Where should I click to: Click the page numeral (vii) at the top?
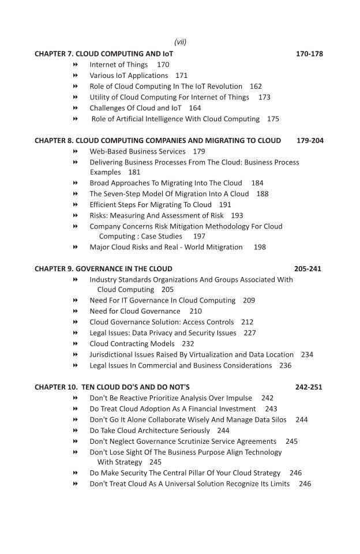[x=180, y=42]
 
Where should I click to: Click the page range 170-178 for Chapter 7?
[x=309, y=54]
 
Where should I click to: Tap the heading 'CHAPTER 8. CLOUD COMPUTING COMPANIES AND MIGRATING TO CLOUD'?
[x=157, y=141]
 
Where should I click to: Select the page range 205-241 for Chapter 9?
[x=307, y=269]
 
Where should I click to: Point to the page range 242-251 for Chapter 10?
[x=309, y=387]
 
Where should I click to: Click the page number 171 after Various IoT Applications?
[x=181, y=76]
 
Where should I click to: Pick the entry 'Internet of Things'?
[x=118, y=65]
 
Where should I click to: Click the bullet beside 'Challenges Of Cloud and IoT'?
[x=76, y=108]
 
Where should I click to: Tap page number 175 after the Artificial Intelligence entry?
[x=273, y=119]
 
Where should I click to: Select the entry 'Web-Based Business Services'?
[x=137, y=151]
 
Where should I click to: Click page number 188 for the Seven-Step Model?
[x=262, y=194]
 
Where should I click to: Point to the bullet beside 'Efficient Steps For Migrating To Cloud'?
[x=76, y=205]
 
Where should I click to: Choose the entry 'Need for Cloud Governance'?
[x=134, y=311]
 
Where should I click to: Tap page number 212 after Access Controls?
[x=247, y=322]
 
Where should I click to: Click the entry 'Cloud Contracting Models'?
[x=132, y=344]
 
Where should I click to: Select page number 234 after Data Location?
[x=307, y=355]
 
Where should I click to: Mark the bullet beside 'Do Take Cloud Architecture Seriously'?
[x=76, y=431]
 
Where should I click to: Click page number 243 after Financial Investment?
[x=271, y=409]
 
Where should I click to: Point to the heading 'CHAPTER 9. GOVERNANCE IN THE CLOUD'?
[x=103, y=269]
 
